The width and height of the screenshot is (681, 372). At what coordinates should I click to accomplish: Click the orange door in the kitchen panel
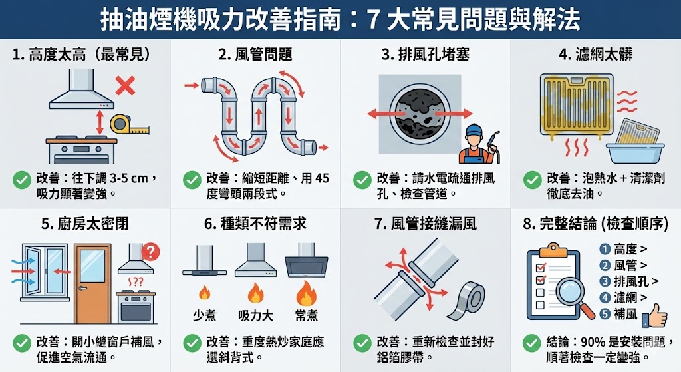[92, 283]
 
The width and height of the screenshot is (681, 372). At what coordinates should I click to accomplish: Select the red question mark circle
[152, 252]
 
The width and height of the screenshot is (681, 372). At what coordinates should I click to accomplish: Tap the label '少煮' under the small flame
[204, 315]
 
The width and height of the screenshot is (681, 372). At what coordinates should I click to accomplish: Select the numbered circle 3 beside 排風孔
[605, 281]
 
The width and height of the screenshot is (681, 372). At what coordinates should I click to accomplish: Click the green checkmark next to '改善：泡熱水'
[532, 179]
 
